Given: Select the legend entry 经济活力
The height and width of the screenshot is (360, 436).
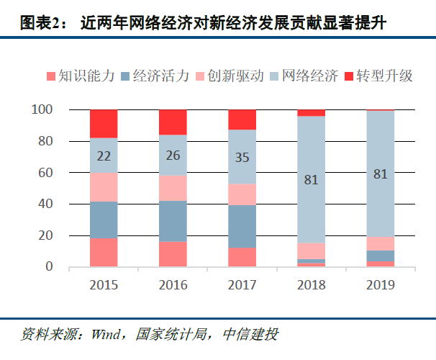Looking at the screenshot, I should pyautogui.click(x=159, y=76).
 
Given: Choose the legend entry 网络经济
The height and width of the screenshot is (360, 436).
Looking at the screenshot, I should pyautogui.click(x=309, y=76).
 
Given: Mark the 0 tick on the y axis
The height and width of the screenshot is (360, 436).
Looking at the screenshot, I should pyautogui.click(x=48, y=267).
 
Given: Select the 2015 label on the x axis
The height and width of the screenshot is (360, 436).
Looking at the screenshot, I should pyautogui.click(x=104, y=284).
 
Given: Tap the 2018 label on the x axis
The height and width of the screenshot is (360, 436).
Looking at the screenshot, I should pyautogui.click(x=311, y=284).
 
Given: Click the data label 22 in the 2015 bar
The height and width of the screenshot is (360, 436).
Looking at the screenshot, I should pyautogui.click(x=104, y=156).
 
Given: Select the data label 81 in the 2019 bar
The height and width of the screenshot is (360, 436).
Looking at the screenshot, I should pyautogui.click(x=380, y=173).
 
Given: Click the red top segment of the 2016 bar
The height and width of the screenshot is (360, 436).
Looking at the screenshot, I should pyautogui.click(x=173, y=122).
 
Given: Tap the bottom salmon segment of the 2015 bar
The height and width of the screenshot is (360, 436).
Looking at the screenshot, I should pyautogui.click(x=104, y=253).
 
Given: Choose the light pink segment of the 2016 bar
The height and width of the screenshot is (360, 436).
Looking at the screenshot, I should pyautogui.click(x=173, y=187).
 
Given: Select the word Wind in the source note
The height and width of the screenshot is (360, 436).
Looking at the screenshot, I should pyautogui.click(x=105, y=335).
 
